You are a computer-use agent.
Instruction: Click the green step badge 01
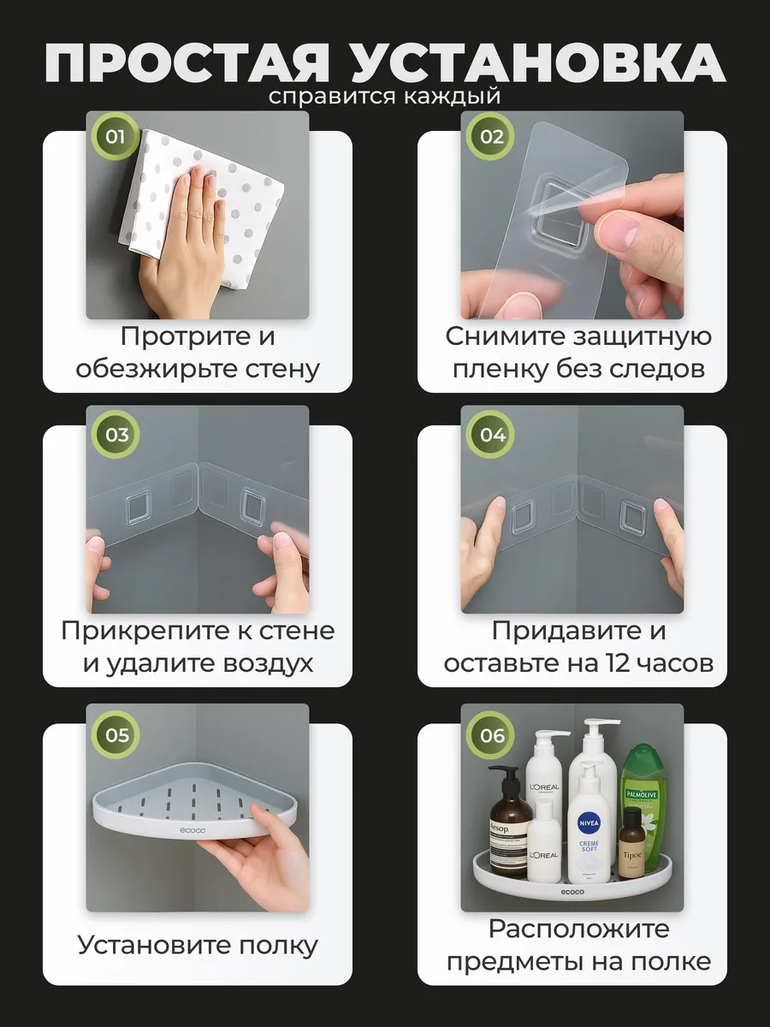pyautogui.click(x=115, y=137)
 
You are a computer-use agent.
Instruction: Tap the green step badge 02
pyautogui.click(x=491, y=137)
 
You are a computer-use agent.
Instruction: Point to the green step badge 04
pyautogui.click(x=491, y=435)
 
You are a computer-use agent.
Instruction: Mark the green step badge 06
pyautogui.click(x=491, y=735)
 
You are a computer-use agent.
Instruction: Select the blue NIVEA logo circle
pyautogui.click(x=589, y=823)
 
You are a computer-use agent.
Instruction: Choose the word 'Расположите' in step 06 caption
pyautogui.click(x=579, y=929)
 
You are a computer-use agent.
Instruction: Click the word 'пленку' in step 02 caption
pyautogui.click(x=500, y=369)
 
